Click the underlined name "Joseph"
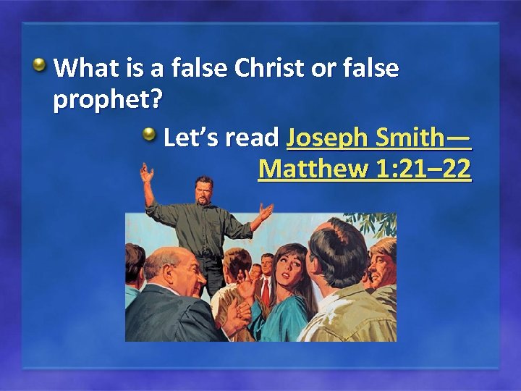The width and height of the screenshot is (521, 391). coord(324,137)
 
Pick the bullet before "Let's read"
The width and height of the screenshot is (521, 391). coord(149,135)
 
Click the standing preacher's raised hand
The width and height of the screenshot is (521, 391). coord(148,174)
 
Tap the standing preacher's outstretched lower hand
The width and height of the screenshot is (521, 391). coord(266,211)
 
